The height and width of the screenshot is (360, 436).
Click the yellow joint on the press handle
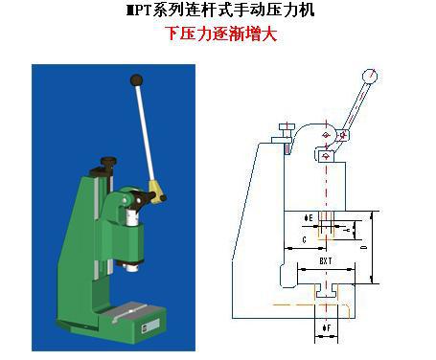[x=155, y=187]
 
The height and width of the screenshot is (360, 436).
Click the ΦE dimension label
[x=309, y=217]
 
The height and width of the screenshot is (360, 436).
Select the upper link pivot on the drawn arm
[x=328, y=135]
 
